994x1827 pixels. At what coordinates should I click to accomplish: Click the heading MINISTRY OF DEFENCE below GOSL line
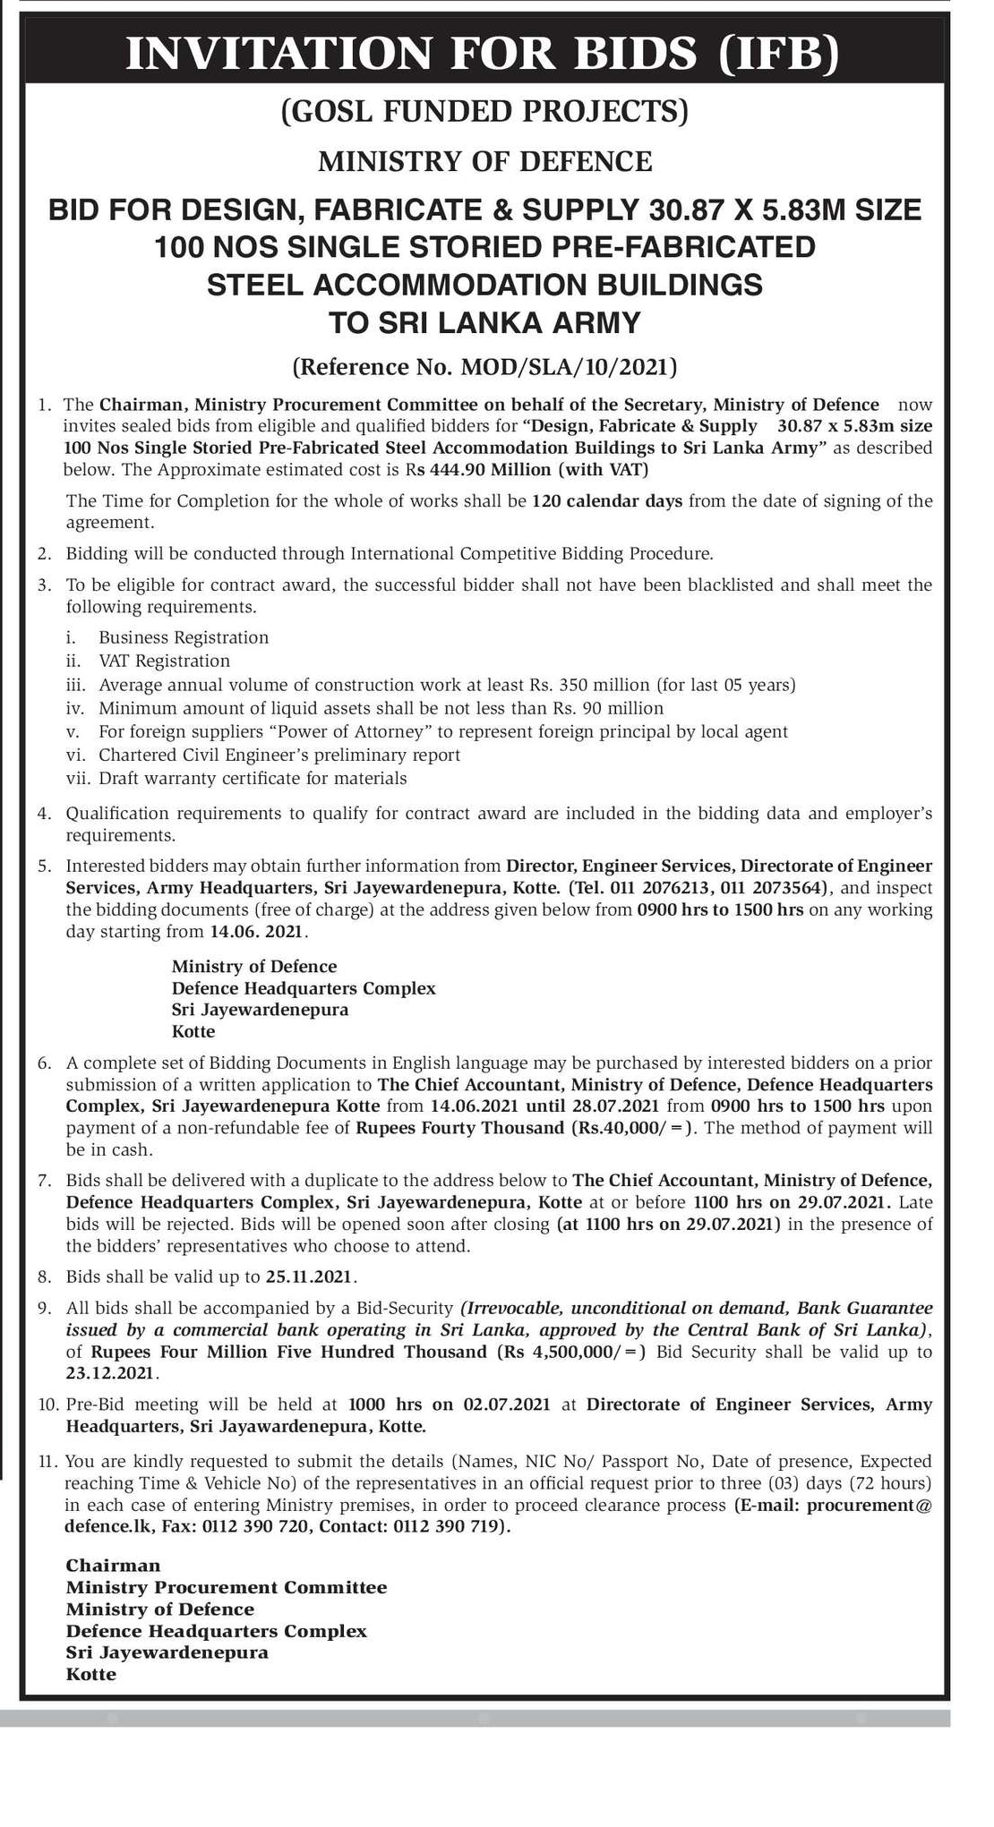pos(485,161)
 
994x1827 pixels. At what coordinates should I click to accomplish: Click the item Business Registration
pos(184,637)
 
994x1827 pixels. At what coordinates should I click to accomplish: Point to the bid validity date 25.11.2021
pos(311,1276)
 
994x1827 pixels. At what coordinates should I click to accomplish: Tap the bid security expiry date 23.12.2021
pos(111,1373)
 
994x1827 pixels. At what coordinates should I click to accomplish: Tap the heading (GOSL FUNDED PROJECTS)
pos(485,111)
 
